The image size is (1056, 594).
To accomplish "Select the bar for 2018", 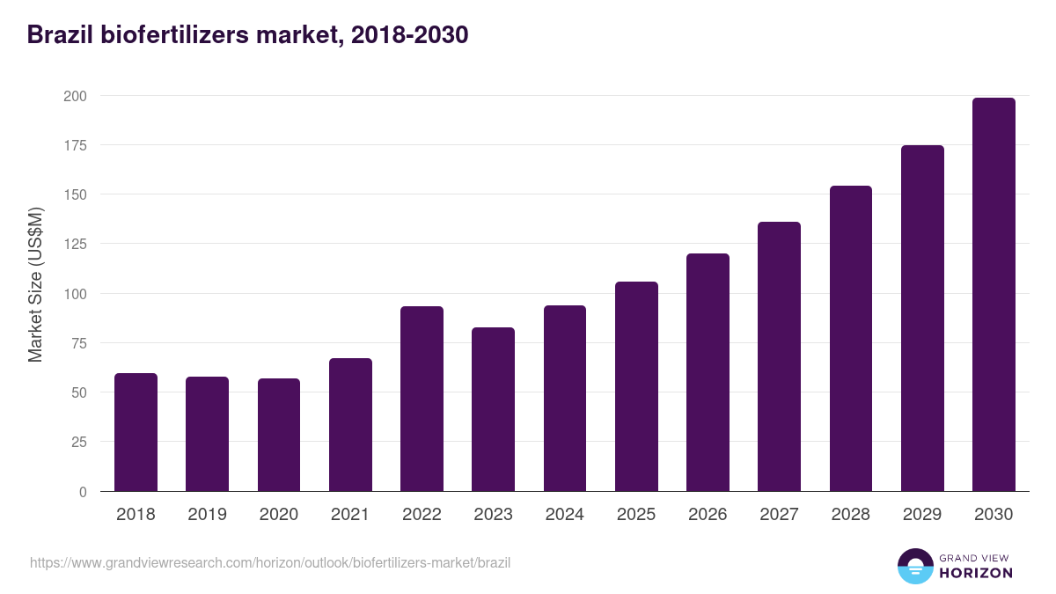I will pos(136,432).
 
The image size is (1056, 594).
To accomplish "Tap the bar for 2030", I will pos(994,295).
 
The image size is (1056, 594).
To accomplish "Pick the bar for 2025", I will pos(636,386).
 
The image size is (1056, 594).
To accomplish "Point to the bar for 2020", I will pos(279,435).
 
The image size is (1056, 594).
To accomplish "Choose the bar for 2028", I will pos(850,339).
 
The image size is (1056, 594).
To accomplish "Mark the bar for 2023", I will pos(493,409).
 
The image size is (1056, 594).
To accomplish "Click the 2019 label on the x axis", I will pos(207,515).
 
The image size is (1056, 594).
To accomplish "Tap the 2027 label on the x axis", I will pos(779,515).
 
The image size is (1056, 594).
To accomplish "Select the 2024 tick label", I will pos(564,515).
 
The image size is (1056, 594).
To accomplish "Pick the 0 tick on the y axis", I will pos(83,492).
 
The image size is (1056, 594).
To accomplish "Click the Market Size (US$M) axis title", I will pos(35,285).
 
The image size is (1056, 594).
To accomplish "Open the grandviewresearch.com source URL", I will pos(270,562).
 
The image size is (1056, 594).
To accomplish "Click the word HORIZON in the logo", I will pos(976,573).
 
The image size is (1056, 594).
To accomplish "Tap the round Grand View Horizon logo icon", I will pos(915,566).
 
